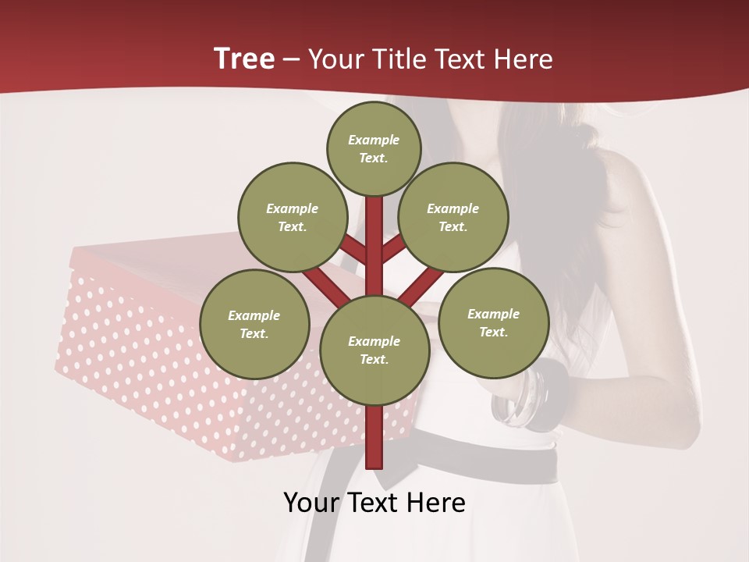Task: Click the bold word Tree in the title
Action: [244, 59]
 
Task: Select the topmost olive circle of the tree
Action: [374, 149]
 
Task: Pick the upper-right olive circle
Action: [453, 218]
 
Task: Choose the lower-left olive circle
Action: [254, 325]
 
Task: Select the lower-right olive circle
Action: [493, 323]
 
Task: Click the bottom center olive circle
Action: [374, 350]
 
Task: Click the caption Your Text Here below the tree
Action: [374, 503]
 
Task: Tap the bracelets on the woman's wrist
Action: [531, 397]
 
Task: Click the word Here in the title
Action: [523, 59]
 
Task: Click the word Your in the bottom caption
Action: [311, 503]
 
